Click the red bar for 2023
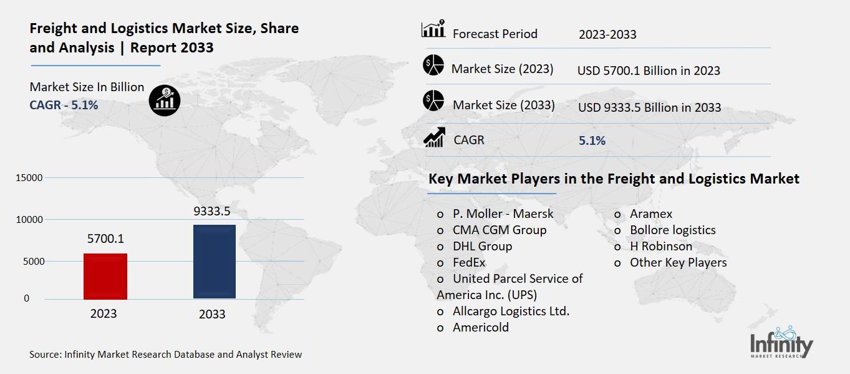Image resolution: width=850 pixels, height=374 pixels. coord(105,276)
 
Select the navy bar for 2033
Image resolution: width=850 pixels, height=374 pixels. coord(215,262)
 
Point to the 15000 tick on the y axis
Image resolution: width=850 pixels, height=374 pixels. coord(29,178)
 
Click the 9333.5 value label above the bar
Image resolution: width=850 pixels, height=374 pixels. coord(212,212)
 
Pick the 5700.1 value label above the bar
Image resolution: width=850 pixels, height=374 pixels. coord(105,239)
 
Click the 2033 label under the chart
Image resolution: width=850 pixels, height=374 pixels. coord(212,314)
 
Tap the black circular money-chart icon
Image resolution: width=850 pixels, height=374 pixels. coord(165,99)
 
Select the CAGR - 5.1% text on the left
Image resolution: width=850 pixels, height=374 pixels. coord(64,105)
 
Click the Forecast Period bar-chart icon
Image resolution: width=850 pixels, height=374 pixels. coord(433,29)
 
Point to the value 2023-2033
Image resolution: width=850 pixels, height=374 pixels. coord(607,34)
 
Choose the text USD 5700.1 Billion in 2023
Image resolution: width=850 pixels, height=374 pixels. coord(649,71)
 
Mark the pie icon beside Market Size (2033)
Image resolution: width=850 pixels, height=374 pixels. coord(433,101)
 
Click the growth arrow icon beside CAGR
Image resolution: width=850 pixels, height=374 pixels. coord(434,137)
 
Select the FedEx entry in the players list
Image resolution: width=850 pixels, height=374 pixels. coord(469,262)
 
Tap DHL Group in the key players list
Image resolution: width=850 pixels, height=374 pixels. coord(482,246)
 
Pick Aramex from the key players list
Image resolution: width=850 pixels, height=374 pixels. coord(651,214)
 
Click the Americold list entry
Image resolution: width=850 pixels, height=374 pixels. coord(481,327)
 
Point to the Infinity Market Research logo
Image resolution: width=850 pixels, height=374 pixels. coord(781,343)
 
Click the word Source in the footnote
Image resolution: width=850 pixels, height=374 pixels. coord(44,354)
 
